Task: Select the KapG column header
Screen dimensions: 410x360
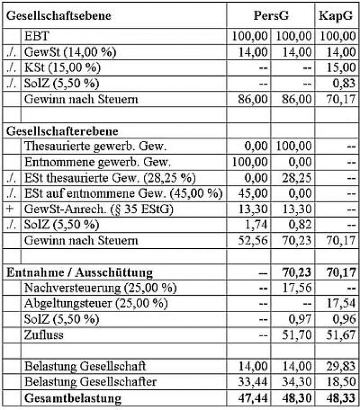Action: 335,15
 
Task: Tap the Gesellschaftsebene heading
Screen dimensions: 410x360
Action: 59,15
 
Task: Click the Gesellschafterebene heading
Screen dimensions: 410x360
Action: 63,131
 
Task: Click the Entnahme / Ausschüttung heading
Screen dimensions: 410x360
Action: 79,272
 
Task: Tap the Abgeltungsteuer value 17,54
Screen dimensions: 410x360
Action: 341,303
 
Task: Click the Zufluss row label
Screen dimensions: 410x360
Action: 43,335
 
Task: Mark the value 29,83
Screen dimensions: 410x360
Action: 341,366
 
